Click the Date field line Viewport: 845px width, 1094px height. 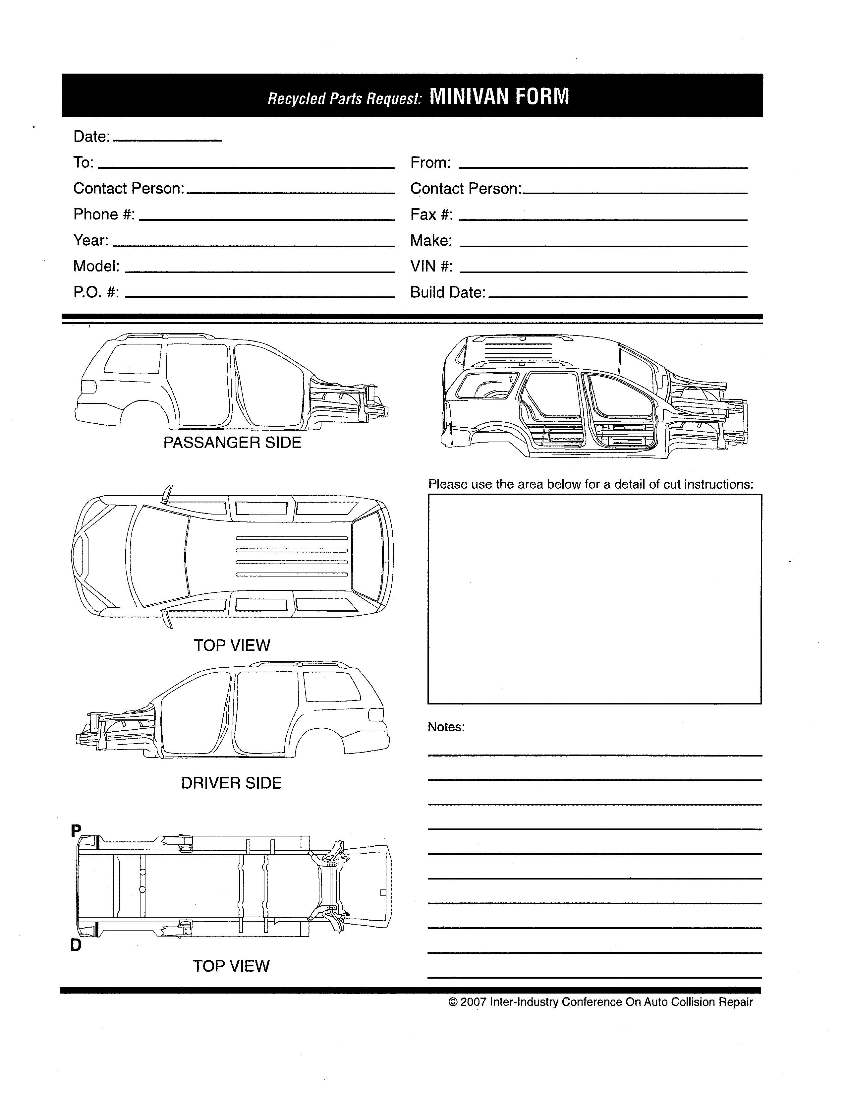168,140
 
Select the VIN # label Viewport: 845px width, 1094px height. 431,266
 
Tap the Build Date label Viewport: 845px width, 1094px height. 448,292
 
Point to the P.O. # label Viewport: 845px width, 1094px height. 96,292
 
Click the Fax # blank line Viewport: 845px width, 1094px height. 603,219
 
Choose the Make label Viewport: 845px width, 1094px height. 430,240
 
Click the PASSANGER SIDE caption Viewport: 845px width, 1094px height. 232,442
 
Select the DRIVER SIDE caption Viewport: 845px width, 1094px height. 231,783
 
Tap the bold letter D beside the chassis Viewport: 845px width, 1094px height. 76,945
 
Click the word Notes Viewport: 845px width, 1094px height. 445,727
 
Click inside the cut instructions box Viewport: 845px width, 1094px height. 594,599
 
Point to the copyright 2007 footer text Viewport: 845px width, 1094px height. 601,1002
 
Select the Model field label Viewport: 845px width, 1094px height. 96,266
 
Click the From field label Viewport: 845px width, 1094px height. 430,162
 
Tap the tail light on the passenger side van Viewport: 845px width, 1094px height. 88,386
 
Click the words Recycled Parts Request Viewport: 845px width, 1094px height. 344,99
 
